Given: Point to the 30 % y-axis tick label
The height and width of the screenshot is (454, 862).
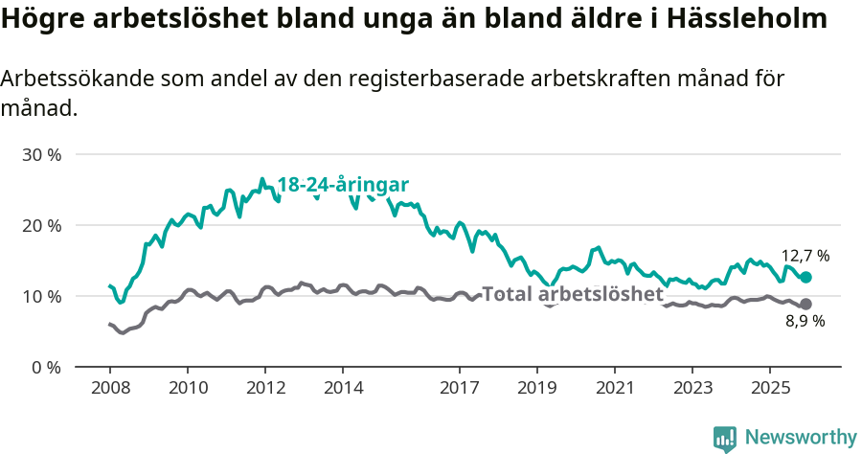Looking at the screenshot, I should click(41, 154).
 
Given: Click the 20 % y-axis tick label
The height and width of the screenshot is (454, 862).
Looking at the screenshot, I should click(41, 225).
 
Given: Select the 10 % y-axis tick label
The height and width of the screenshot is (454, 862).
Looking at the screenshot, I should click(41, 296).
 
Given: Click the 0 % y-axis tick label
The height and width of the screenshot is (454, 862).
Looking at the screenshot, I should click(45, 367).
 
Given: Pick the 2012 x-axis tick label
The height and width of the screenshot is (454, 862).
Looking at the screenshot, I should click(265, 388).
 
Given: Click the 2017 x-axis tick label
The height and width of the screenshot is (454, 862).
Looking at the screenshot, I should click(459, 388).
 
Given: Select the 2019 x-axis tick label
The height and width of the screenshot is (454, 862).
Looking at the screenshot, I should click(536, 388).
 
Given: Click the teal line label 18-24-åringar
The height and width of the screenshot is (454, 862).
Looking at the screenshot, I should click(343, 186).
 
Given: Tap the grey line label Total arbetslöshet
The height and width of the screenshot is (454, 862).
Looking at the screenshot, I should click(572, 294).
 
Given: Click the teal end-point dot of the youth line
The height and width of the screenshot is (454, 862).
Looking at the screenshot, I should click(806, 277).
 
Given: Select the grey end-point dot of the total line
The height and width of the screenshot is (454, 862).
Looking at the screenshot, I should click(806, 304).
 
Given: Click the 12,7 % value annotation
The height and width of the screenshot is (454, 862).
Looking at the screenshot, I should click(805, 256).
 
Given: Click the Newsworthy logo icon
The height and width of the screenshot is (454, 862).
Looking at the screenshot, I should click(725, 438).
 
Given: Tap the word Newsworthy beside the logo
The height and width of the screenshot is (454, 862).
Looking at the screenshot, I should click(800, 438).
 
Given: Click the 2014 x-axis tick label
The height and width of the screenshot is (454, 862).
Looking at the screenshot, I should click(343, 388).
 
